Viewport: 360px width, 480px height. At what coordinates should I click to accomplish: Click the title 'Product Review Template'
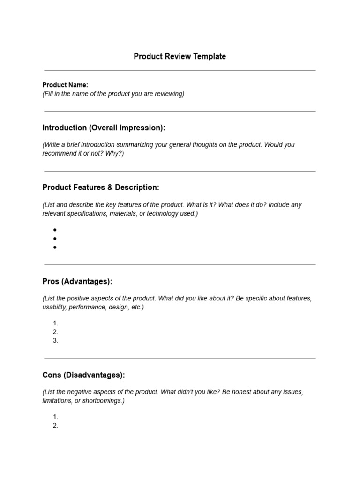coord(180,56)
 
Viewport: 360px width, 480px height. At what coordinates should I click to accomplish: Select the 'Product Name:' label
coord(65,85)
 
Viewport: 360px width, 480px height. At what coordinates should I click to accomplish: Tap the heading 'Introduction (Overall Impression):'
coord(104,127)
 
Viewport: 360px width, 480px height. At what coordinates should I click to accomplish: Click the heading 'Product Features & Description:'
coord(101,187)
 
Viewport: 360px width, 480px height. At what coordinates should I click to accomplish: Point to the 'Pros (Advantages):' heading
coord(77,281)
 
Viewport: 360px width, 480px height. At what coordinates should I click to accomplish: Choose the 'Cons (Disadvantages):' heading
coord(83,375)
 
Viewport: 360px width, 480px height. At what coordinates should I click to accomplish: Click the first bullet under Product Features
coord(55,230)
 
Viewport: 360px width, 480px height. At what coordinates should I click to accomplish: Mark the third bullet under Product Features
coord(55,247)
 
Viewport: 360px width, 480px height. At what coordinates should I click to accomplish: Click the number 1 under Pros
coord(55,323)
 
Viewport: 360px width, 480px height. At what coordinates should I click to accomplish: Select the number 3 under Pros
coord(55,341)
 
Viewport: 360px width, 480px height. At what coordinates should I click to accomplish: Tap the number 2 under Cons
coord(55,426)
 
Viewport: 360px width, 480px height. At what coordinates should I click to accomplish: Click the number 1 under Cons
coord(55,417)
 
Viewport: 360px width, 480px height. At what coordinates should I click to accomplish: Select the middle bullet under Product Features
coord(55,239)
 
